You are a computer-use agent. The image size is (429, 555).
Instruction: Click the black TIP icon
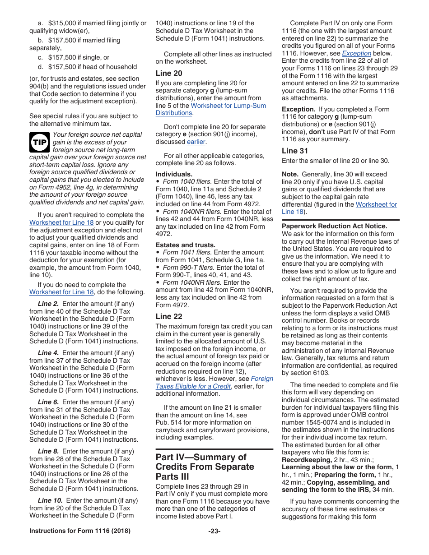(x=40, y=142)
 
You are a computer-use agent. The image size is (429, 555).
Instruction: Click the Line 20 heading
(x=169, y=73)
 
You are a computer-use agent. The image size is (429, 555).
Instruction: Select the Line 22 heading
(x=169, y=316)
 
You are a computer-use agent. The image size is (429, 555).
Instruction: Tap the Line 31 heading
(x=295, y=151)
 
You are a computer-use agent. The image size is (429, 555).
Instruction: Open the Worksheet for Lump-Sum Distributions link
(x=228, y=106)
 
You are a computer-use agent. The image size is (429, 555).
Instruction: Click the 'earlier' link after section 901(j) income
(x=196, y=142)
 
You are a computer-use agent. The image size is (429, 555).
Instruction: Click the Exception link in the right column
(x=356, y=53)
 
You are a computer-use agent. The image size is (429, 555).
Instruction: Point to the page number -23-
(x=214, y=531)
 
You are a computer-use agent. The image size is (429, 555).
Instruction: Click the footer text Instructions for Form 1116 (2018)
(x=80, y=531)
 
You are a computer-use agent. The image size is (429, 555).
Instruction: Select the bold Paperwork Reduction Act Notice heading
(x=334, y=226)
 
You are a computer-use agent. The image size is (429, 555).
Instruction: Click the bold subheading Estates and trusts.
(x=179, y=245)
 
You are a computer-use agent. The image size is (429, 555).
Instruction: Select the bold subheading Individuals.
(x=174, y=174)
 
